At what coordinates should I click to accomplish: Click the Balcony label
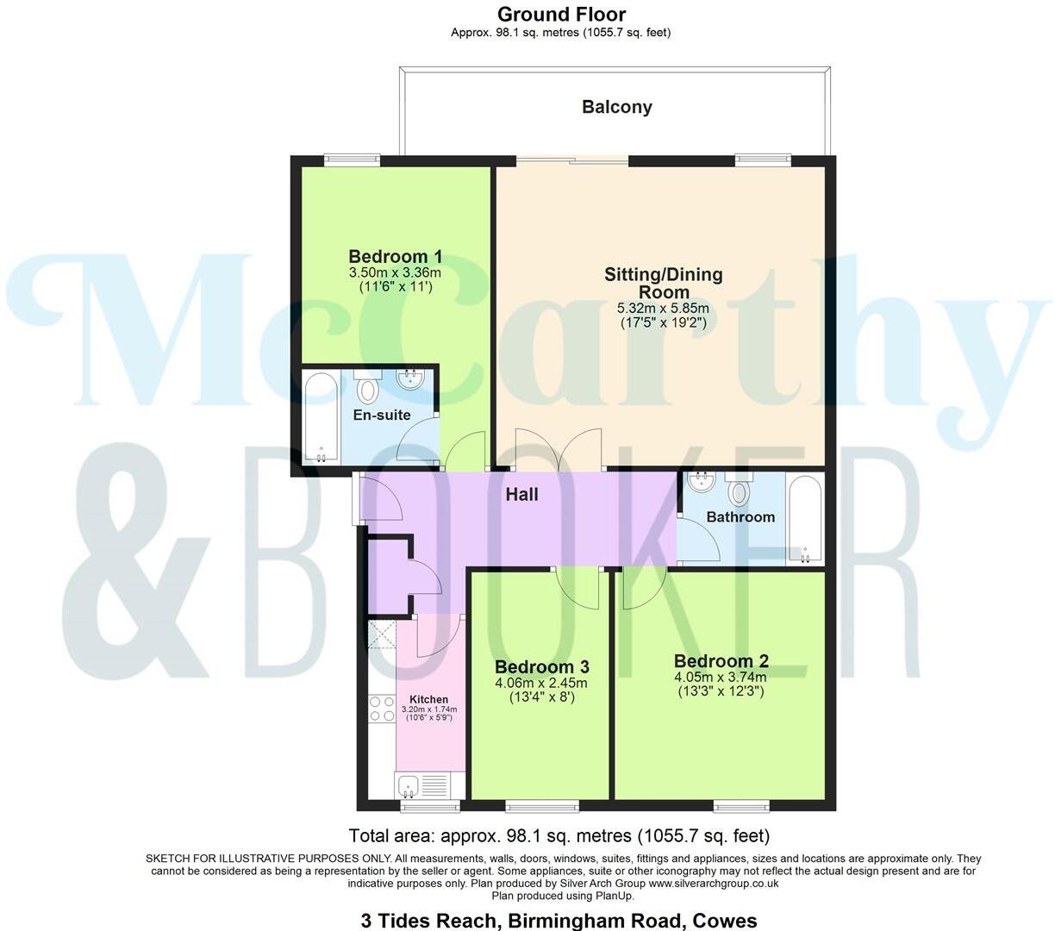(x=616, y=107)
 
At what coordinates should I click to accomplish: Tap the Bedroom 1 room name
(x=395, y=256)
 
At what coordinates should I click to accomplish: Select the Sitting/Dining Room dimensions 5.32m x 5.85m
(x=663, y=308)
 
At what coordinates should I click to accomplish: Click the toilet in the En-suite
(x=368, y=388)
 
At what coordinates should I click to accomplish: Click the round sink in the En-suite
(x=409, y=380)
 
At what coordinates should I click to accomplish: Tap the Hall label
(x=521, y=494)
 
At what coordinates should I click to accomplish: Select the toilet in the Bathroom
(x=739, y=490)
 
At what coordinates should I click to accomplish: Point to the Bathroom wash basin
(x=702, y=480)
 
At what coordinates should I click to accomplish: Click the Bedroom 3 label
(x=541, y=666)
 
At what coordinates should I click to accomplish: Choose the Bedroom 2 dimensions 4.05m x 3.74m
(x=720, y=677)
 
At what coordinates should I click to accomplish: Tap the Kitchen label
(x=428, y=699)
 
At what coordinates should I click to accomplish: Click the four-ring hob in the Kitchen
(x=380, y=709)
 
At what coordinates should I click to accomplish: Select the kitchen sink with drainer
(x=421, y=786)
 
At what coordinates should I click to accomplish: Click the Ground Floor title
(x=561, y=14)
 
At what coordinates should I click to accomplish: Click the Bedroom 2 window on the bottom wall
(x=741, y=806)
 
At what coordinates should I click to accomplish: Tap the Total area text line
(x=559, y=835)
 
